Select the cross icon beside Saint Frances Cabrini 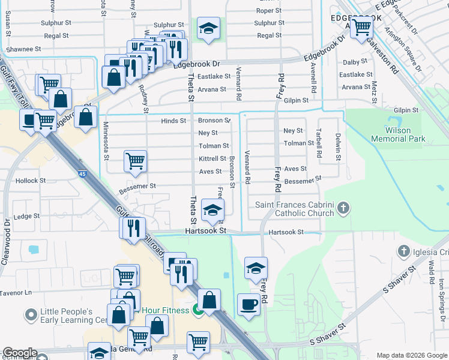(x=343, y=208)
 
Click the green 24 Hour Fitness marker (x=199, y=310)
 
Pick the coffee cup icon (x=249, y=305)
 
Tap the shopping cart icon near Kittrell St (x=136, y=161)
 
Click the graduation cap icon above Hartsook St (x=212, y=209)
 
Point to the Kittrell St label (x=213, y=158)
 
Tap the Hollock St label (x=31, y=180)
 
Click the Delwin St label (x=339, y=148)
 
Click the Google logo (x=20, y=353)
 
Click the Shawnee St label (x=23, y=49)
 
